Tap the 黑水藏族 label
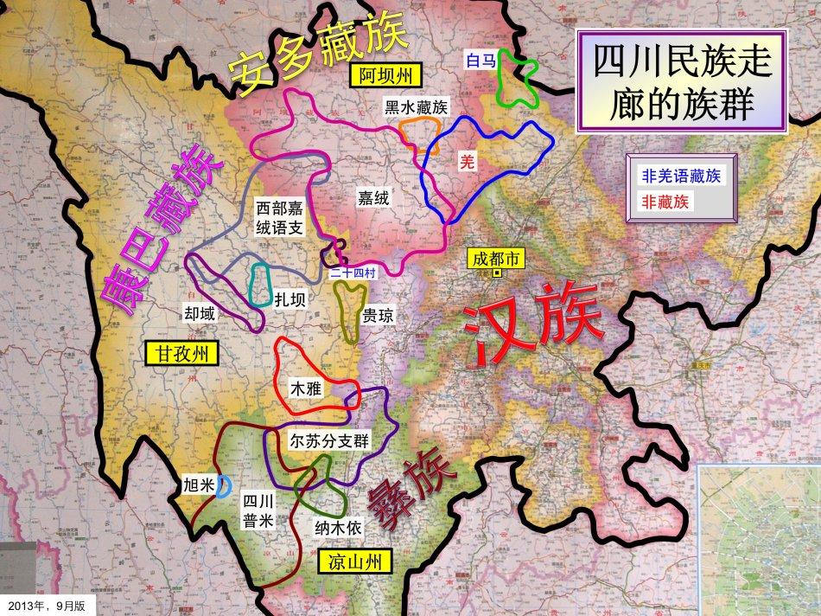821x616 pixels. [x=416, y=107]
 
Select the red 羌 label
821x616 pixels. [x=468, y=161]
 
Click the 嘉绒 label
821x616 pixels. [x=373, y=198]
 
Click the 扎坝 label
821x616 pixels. [x=289, y=301]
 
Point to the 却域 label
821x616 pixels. [x=200, y=313]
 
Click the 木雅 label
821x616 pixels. [x=306, y=389]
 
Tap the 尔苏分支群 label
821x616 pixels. [x=329, y=440]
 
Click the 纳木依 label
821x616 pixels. [x=343, y=526]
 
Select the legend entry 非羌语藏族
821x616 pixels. [x=681, y=176]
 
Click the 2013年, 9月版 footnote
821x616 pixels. [x=48, y=604]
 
